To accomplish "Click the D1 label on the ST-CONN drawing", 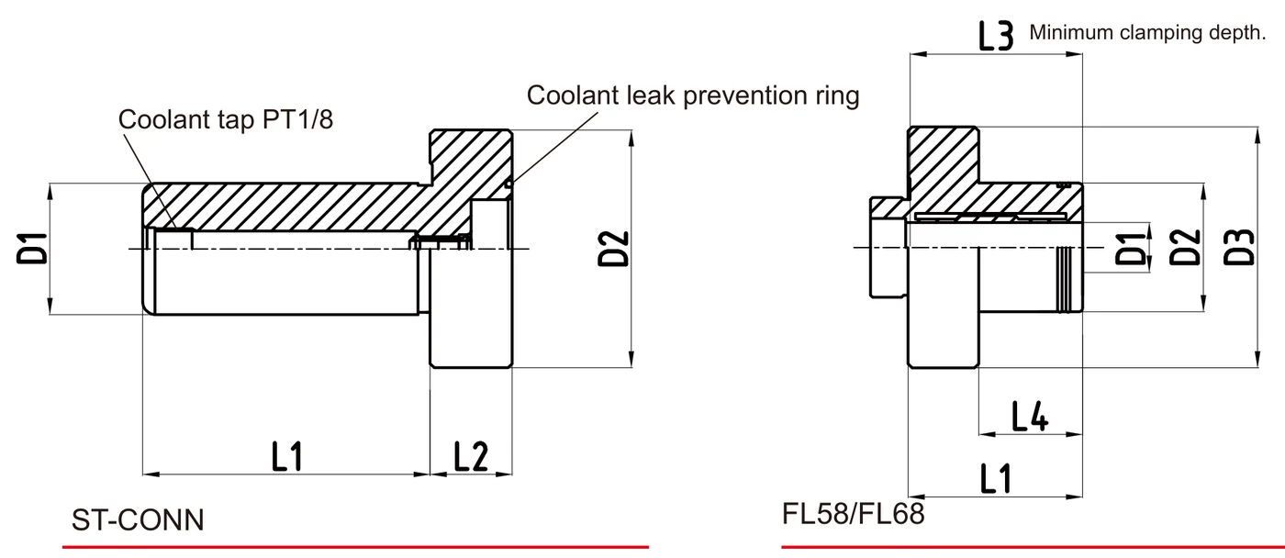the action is pyautogui.click(x=32, y=249).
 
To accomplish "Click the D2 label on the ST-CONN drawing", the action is pyautogui.click(x=613, y=249).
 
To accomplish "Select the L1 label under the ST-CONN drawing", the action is pyautogui.click(x=286, y=456).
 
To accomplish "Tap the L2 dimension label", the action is pyautogui.click(x=470, y=456).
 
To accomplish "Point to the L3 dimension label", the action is pyautogui.click(x=996, y=36).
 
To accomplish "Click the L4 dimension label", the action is pyautogui.click(x=1030, y=417).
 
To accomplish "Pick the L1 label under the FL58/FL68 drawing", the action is pyautogui.click(x=996, y=479).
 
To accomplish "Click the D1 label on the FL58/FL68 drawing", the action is pyautogui.click(x=1133, y=249).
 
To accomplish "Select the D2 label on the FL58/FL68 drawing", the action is pyautogui.click(x=1185, y=247).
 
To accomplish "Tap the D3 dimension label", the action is pyautogui.click(x=1239, y=247).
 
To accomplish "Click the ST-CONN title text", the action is pyautogui.click(x=138, y=520).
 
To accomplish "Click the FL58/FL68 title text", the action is pyautogui.click(x=853, y=513).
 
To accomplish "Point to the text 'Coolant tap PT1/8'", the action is pyautogui.click(x=226, y=119).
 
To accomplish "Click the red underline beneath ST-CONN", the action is pyautogui.click(x=356, y=547).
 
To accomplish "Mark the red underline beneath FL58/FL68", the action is pyautogui.click(x=1033, y=547).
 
